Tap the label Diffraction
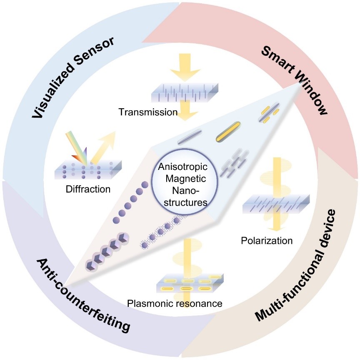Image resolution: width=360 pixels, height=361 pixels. [88, 189]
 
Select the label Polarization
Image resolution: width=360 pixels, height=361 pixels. [267, 240]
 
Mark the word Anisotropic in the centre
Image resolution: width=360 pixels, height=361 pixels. [180, 170]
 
